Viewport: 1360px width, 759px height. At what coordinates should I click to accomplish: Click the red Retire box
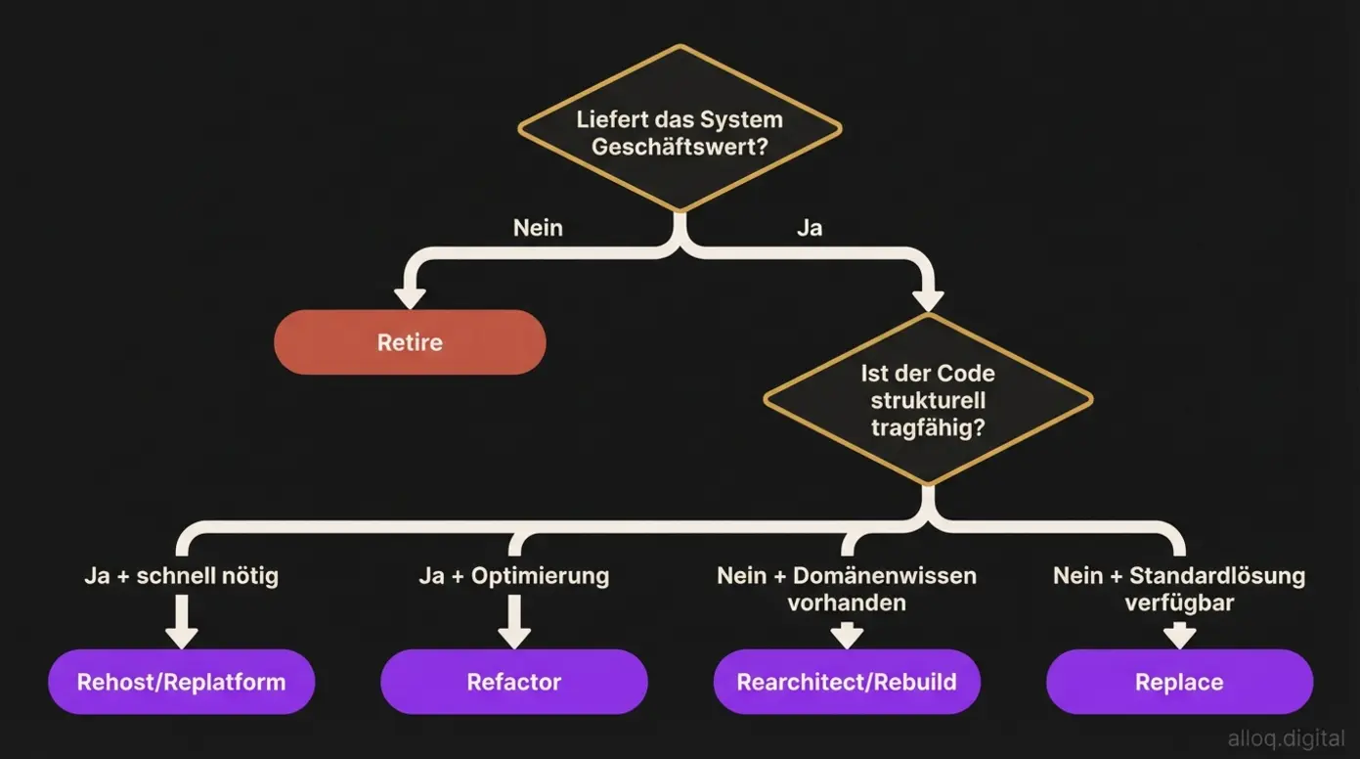point(410,342)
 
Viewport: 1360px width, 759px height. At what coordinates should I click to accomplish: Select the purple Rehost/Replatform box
point(182,682)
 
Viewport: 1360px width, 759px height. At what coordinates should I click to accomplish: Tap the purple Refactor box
point(514,682)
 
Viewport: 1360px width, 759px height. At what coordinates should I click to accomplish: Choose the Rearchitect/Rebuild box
point(847,682)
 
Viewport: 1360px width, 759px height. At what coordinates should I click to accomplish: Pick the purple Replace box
point(1179,682)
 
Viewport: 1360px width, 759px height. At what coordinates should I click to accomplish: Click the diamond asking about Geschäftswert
point(680,131)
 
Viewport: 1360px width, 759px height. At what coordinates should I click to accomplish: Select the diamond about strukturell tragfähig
point(928,400)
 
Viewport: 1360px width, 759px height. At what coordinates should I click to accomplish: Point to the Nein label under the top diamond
point(538,228)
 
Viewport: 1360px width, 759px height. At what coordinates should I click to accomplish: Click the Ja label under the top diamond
point(810,228)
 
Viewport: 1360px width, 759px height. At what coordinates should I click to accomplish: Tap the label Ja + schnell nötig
point(182,575)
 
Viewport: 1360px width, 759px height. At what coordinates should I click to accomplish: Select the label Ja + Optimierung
point(514,575)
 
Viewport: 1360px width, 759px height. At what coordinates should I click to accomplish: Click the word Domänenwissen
point(885,575)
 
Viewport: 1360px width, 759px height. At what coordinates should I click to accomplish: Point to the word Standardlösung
point(1217,575)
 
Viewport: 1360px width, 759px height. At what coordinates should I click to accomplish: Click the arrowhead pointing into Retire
point(410,296)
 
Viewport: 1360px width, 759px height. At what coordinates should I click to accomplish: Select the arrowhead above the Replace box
point(1179,637)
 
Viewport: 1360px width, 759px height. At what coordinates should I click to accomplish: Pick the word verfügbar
point(1179,603)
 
